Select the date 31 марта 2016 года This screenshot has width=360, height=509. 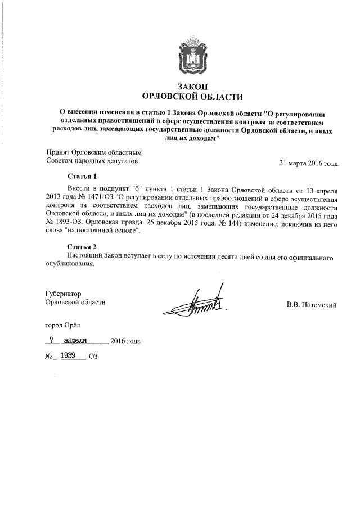308,164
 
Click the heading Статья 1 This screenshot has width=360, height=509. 82,176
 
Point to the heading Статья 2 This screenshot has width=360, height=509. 82,246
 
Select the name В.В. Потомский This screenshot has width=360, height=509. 311,305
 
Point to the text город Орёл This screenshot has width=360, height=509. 66,325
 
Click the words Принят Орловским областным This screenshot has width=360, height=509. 92,152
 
